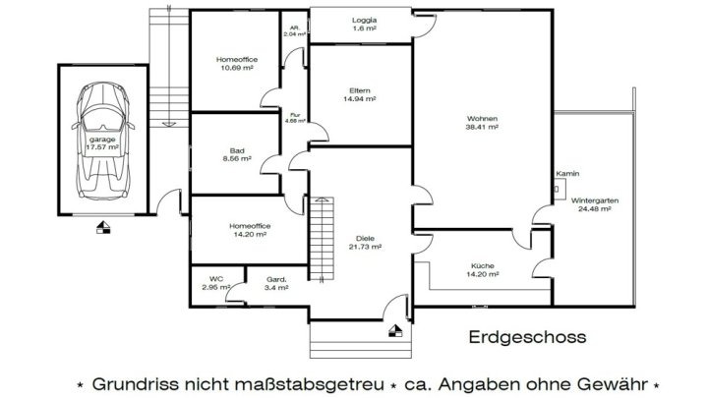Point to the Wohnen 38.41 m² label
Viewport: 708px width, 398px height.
[x=483, y=123]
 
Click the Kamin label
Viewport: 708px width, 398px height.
[x=565, y=174]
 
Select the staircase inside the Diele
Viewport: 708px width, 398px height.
[x=320, y=236]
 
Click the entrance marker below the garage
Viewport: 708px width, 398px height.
[x=104, y=230]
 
